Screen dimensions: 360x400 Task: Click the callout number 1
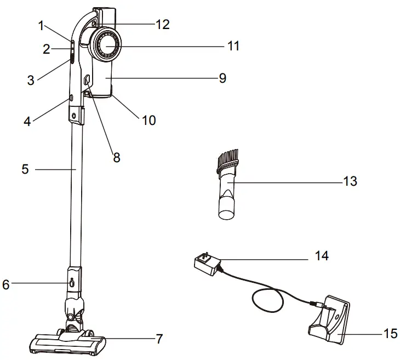(x=41, y=25)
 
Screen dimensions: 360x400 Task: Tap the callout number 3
(x=31, y=80)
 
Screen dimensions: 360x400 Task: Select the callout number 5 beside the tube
(x=25, y=169)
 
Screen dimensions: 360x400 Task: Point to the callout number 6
(x=6, y=284)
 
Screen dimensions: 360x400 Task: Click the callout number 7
(x=159, y=339)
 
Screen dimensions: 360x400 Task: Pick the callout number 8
(x=116, y=157)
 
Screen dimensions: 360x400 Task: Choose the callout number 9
(x=222, y=78)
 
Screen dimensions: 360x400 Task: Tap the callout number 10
(x=148, y=120)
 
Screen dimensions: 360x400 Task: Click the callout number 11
(x=233, y=47)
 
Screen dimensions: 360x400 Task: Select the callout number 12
(x=162, y=24)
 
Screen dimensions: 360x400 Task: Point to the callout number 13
(x=350, y=181)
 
